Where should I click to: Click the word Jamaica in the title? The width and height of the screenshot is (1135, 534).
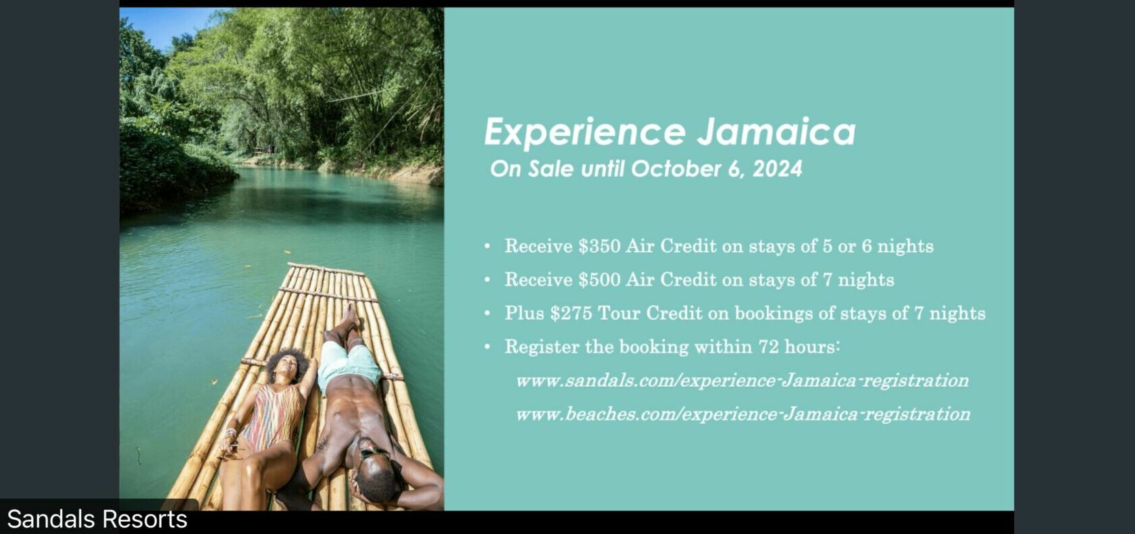tap(776, 132)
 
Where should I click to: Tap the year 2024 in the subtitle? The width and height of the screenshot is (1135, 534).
tap(777, 169)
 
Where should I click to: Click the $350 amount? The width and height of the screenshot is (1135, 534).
tap(599, 246)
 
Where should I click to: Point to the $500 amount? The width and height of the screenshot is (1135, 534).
tap(599, 279)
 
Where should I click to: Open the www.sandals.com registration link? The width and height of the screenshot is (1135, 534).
tap(742, 381)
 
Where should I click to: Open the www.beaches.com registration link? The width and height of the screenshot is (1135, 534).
tap(743, 414)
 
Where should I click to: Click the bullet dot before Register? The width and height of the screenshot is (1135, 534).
tap(487, 347)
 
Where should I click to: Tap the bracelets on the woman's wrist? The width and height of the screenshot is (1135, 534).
tap(230, 434)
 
